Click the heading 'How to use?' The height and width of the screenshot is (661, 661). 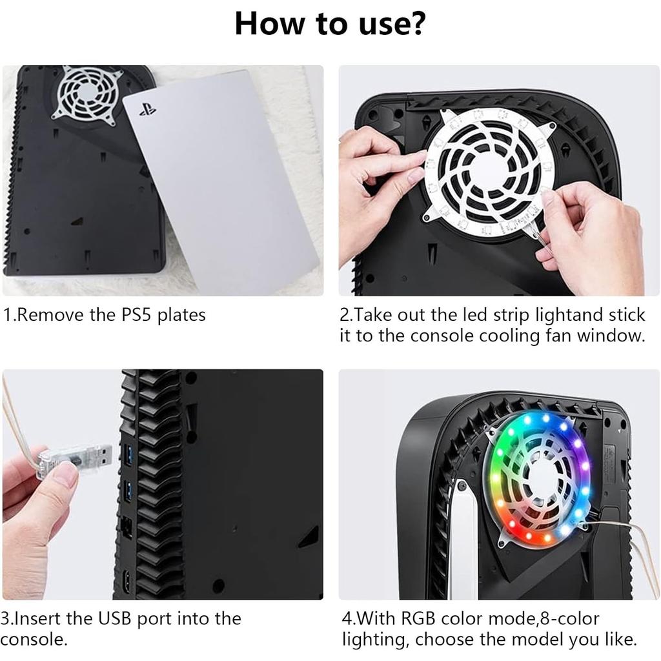tap(330, 24)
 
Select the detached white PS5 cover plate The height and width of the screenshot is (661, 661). tap(223, 181)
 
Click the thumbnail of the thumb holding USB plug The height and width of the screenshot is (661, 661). tap(65, 475)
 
